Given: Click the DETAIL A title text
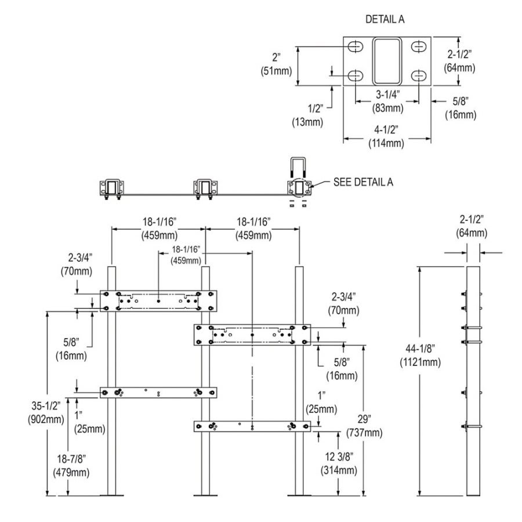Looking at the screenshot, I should pyautogui.click(x=385, y=19).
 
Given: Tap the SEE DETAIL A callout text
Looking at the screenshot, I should pyautogui.click(x=363, y=182).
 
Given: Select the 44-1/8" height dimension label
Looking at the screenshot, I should pyautogui.click(x=419, y=356).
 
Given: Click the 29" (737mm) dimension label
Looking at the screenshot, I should pyautogui.click(x=364, y=426).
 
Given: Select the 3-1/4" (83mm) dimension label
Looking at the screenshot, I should pyautogui.click(x=387, y=100).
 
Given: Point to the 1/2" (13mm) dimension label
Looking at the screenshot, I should pyautogui.click(x=308, y=115).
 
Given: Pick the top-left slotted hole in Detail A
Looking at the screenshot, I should pyautogui.click(x=357, y=46).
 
